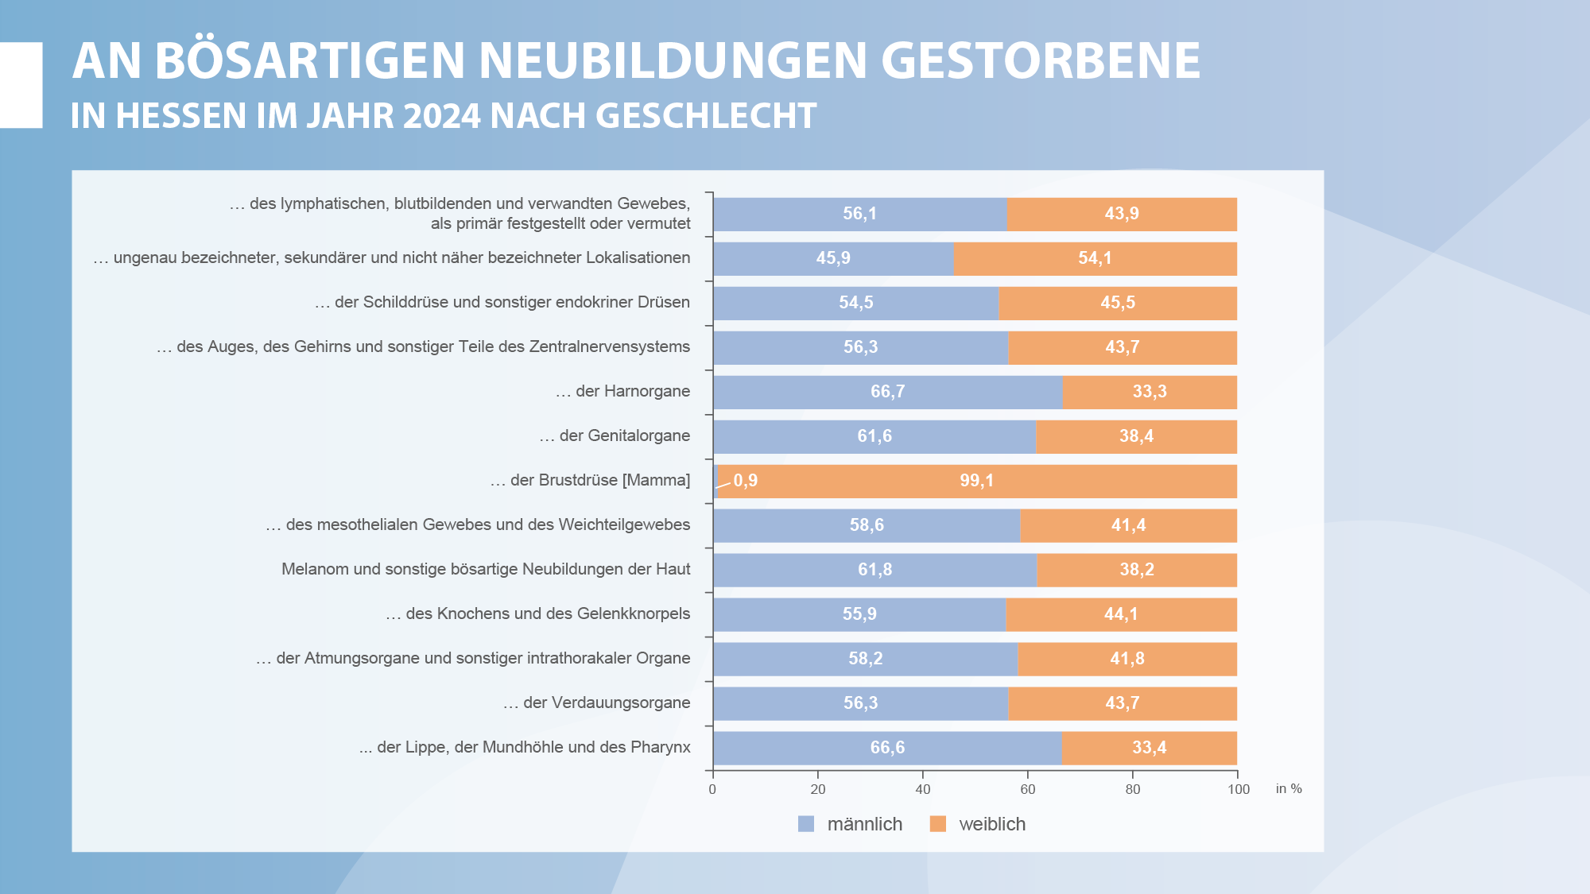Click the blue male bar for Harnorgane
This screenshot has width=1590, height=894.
point(888,393)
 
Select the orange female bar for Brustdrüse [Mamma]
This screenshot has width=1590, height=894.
point(977,482)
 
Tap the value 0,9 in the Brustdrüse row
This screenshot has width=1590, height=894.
point(746,481)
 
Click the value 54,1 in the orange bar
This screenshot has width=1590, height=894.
point(1095,258)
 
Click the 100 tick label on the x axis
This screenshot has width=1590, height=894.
point(1239,789)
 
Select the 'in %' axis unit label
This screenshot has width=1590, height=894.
point(1289,788)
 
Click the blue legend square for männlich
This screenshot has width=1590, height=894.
point(806,824)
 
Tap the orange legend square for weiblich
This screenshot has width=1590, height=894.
point(938,824)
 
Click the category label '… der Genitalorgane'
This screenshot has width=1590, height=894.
point(615,435)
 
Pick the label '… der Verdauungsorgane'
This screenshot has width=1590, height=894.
point(596,702)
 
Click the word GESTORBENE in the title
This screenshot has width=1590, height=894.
point(1041,60)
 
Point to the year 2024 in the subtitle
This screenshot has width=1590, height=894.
point(442,116)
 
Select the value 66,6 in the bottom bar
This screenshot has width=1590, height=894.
point(887,748)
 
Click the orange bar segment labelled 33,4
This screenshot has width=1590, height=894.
point(1150,749)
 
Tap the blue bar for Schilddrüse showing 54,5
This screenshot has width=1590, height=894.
point(856,304)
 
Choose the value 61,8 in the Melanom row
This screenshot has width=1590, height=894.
point(875,570)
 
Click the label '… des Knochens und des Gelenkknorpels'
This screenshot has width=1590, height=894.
point(538,613)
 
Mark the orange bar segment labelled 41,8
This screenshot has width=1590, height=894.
point(1127,660)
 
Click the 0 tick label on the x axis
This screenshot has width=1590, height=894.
point(712,789)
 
